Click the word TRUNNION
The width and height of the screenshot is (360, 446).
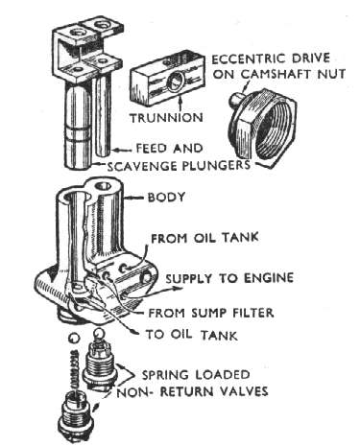click(x=166, y=118)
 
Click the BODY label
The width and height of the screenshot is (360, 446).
click(x=166, y=197)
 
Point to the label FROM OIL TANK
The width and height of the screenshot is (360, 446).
click(x=204, y=238)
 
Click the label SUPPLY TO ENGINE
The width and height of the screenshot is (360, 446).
click(x=229, y=278)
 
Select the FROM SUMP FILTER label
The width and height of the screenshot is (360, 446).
click(x=211, y=313)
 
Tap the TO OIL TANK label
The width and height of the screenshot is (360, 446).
click(x=192, y=335)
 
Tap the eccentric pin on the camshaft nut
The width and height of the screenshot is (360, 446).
click(x=236, y=99)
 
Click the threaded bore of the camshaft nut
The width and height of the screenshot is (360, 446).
click(x=277, y=128)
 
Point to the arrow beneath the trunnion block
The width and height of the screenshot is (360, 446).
click(x=181, y=103)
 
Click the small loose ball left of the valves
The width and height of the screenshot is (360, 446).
click(x=74, y=338)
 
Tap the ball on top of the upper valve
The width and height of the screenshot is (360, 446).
click(x=98, y=335)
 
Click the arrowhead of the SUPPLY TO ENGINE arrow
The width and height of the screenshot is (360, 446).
click(x=180, y=289)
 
